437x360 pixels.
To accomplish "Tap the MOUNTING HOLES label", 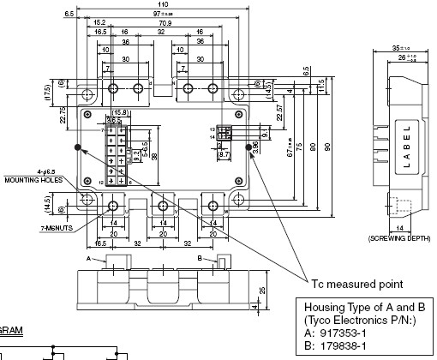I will coord(29,181).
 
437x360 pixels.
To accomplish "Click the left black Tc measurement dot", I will coord(79,146).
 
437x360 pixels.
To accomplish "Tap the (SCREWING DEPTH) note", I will coord(399,237).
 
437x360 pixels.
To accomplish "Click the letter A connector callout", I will coord(88,257).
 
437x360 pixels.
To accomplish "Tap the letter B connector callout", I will coord(200,257).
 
